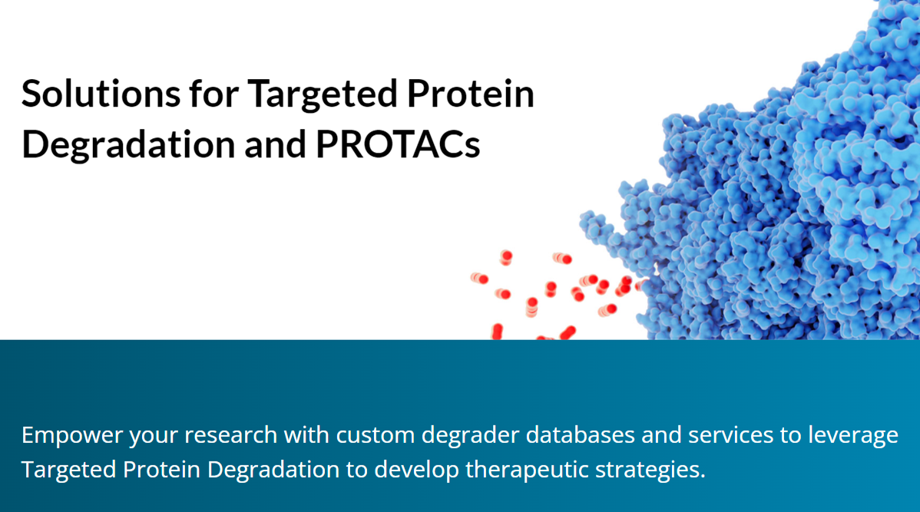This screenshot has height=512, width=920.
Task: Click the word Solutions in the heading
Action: [101, 93]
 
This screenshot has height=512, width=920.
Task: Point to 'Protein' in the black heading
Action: [470, 93]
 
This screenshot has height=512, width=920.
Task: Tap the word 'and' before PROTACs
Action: [275, 144]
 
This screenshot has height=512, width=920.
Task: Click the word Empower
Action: [72, 436]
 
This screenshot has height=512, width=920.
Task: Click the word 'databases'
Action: [581, 434]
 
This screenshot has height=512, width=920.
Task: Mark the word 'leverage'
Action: [853, 436]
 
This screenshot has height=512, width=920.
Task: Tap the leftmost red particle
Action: [479, 278]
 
